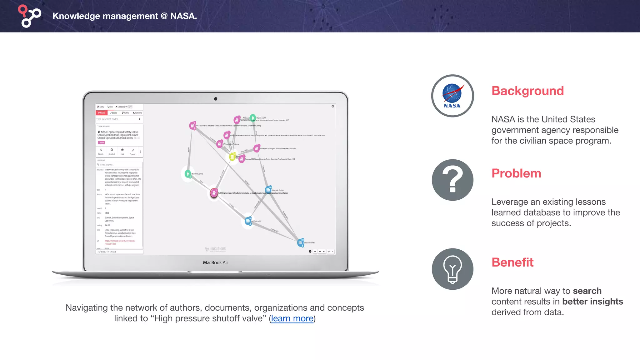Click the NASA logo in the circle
452,96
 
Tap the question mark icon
452,180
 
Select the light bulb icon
452,269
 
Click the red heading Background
527,91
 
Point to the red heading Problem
516,173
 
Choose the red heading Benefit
512,262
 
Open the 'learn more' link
292,318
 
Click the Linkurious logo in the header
29,16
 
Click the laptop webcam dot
216,99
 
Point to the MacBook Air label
215,262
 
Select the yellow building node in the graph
232,157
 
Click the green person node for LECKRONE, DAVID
188,174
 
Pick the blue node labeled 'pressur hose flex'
300,242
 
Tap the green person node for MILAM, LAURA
253,118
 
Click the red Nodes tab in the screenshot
102,113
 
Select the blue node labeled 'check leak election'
268,190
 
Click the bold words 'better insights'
592,302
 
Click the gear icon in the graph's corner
333,106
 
